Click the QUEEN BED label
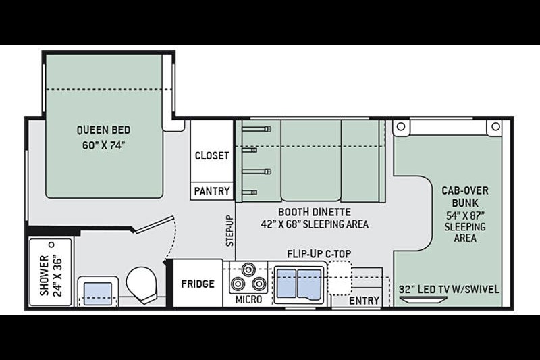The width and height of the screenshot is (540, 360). point(103,130)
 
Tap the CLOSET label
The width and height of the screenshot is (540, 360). point(212,156)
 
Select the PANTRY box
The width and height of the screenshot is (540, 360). point(212,191)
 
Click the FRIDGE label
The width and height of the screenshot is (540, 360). point(198,284)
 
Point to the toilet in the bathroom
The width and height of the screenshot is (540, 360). point(142,284)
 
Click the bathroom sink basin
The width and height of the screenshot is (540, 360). point(98,294)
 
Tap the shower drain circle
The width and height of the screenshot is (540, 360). point(52,245)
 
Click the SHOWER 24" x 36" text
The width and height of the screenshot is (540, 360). point(51,276)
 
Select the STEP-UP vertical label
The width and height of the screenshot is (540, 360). point(230,231)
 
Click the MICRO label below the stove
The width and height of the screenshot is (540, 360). point(248,300)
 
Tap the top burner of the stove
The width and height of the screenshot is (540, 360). point(248,269)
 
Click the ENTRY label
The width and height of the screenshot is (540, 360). point(364,301)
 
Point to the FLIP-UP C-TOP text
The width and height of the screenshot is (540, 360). point(319,254)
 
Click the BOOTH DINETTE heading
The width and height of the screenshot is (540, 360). point(315,212)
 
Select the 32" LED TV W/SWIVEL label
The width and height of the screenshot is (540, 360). point(449,289)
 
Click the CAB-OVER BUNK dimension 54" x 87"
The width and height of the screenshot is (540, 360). point(465,215)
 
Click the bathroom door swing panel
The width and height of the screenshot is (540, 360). point(155,225)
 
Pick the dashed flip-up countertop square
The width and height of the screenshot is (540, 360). point(340,278)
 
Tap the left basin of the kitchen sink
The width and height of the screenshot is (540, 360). point(286,283)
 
